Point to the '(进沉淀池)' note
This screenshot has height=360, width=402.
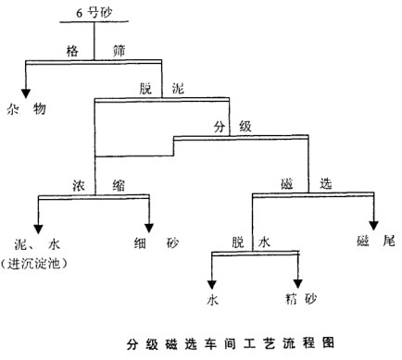pos(41,264)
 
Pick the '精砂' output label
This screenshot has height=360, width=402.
pos(300,299)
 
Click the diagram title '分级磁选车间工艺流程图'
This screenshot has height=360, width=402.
pos(231,343)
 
